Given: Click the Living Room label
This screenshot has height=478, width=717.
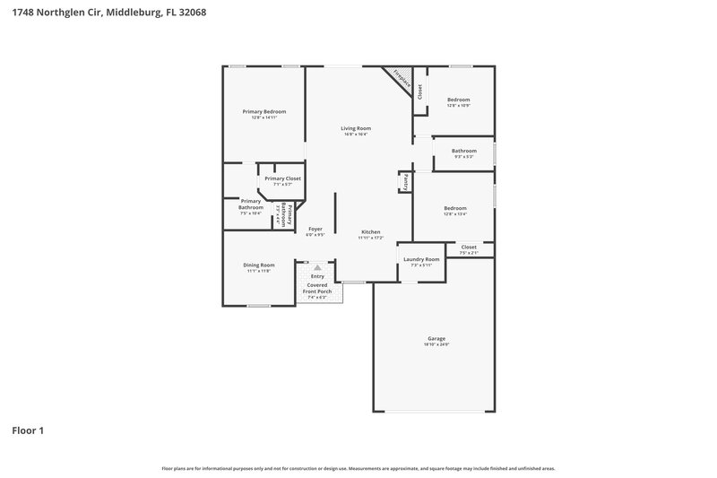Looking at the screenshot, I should coord(356,128).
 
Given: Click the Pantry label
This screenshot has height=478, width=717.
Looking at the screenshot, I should coord(405,182).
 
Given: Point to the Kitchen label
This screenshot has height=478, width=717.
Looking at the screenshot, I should coord(371,231).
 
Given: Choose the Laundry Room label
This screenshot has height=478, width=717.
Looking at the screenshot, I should coord(421,259).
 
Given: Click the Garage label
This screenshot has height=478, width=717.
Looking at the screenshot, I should coord(436,338).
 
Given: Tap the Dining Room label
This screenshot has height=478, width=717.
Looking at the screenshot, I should coord(258,265).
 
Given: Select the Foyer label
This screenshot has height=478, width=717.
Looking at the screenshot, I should coord(315,229).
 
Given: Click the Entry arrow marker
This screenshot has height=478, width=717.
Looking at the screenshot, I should coord(316,267).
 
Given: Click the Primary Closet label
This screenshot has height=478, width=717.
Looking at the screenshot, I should coord(282,178).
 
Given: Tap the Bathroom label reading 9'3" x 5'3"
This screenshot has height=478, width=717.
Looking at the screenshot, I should coord(463,151).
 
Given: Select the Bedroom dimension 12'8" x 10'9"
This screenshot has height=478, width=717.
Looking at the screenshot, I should coord(458,106).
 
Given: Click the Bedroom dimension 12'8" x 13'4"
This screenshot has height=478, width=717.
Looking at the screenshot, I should coord(455,214).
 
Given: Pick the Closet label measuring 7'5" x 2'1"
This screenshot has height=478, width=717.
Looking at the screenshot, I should coord(469,253).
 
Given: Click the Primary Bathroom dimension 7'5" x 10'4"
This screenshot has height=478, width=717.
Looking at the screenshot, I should coord(250,213).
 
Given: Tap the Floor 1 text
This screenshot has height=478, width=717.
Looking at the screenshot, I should coord(28,430).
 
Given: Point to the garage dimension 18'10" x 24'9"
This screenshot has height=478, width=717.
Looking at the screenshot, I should coord(436,344).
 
